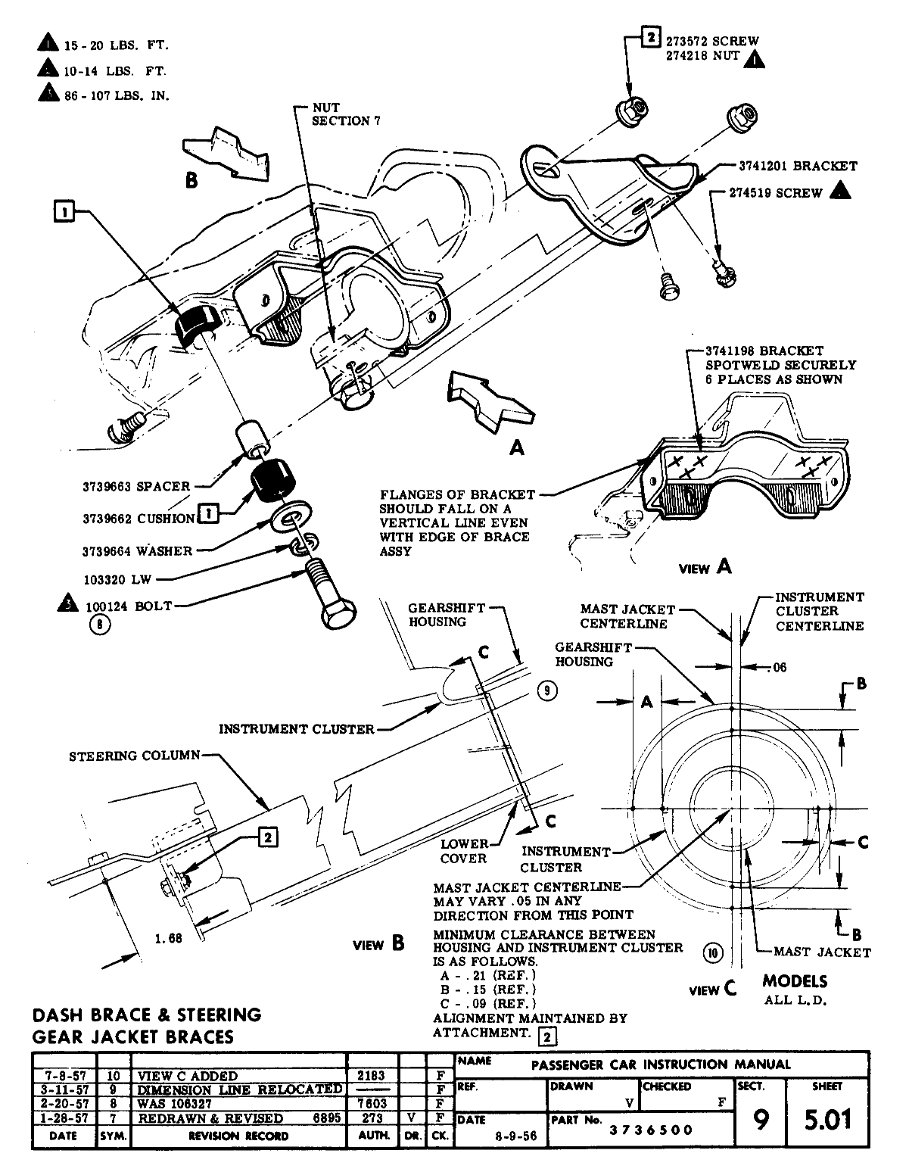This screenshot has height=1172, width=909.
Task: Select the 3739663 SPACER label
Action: point(136,487)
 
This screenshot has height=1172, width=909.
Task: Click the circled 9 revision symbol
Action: point(548,690)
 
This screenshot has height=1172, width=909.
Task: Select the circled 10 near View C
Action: point(713,952)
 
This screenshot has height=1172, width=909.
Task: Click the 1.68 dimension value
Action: point(169,939)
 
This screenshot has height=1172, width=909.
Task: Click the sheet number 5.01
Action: point(827,1118)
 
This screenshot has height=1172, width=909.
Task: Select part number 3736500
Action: point(651,1130)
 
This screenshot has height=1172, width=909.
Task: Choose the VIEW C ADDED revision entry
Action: point(188,1075)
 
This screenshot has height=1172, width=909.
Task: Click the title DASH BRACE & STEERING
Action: point(148,1014)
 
